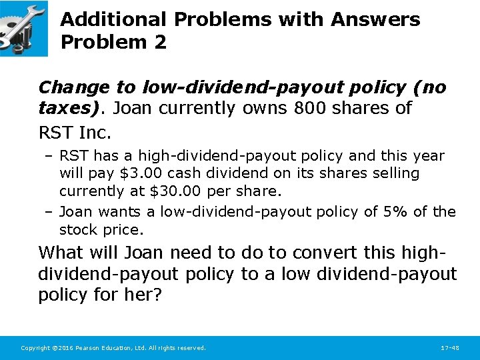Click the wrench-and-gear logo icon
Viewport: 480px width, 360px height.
23,28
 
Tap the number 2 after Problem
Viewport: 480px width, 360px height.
159,42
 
